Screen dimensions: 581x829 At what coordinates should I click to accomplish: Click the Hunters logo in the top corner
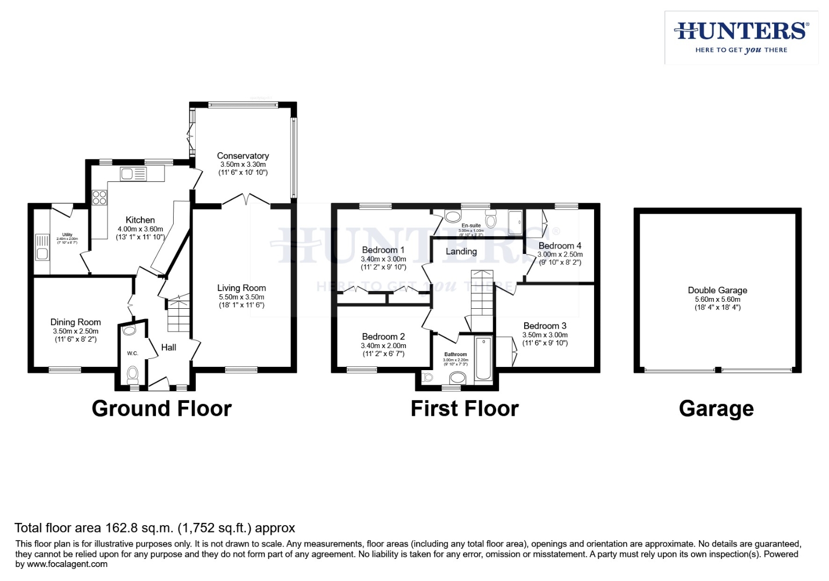(741, 37)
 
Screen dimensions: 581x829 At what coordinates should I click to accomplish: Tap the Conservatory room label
(242, 156)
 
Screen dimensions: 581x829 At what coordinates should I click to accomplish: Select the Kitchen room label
(140, 220)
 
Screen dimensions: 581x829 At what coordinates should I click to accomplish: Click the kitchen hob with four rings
(99, 197)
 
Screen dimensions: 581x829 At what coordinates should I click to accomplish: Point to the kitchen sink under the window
(133, 174)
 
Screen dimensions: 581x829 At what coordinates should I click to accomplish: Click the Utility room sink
(42, 247)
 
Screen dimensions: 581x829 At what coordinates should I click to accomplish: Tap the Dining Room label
(75, 322)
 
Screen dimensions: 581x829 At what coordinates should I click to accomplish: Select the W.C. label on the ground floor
(132, 353)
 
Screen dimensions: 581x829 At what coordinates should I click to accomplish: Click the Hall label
(169, 348)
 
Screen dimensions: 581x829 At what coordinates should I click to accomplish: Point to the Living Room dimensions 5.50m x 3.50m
(241, 297)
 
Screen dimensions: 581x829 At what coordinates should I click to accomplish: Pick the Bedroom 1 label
(383, 250)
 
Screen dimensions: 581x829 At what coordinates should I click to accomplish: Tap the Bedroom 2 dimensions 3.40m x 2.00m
(383, 346)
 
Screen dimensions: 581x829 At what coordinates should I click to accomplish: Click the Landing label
(461, 252)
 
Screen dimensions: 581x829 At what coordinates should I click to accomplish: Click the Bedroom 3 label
(545, 326)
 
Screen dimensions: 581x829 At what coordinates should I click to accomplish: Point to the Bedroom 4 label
(560, 246)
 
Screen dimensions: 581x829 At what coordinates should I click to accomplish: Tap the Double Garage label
(717, 290)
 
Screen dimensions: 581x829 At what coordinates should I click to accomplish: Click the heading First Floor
(464, 409)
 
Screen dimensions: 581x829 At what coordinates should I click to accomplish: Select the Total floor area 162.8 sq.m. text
(155, 528)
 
